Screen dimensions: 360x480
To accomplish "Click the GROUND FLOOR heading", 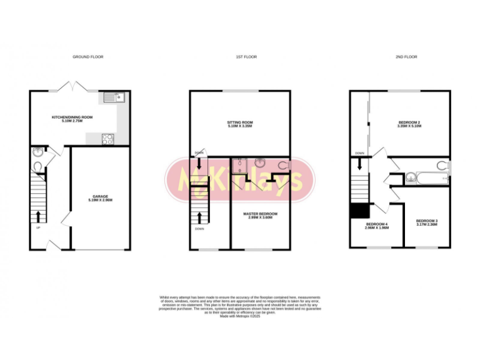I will (x=87, y=57).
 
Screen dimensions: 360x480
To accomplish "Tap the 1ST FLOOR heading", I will (x=246, y=57).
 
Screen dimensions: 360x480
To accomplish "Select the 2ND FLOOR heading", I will (x=406, y=57).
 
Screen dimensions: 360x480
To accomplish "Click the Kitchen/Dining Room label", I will (x=72, y=119).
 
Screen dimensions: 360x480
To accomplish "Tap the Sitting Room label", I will (x=240, y=124).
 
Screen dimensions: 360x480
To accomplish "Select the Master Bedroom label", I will (x=260, y=216).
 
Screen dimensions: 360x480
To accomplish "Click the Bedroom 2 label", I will (x=410, y=124).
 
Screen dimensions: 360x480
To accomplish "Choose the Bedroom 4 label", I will (x=377, y=226).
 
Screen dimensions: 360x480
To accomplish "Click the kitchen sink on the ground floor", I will (x=114, y=97).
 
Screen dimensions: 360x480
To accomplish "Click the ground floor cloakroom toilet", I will (x=37, y=167).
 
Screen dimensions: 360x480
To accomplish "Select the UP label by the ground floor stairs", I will (x=38, y=227).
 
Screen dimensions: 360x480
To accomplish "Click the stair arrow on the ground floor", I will (x=39, y=216).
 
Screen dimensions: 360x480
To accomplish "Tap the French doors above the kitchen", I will (x=70, y=86).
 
